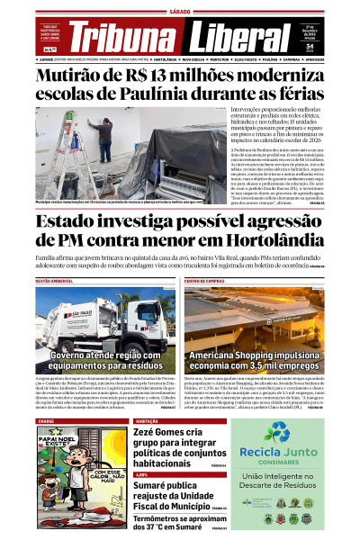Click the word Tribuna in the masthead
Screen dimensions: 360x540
[123, 37]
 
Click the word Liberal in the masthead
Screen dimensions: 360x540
[238, 37]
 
